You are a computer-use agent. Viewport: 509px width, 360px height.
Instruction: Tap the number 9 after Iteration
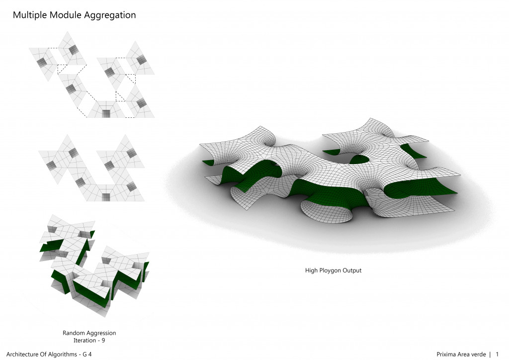pos(103,341)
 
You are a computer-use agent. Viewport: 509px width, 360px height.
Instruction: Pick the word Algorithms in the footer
pos(60,354)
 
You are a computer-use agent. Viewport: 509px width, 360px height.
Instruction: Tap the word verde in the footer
pos(478,354)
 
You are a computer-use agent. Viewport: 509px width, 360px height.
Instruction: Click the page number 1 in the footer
pos(497,354)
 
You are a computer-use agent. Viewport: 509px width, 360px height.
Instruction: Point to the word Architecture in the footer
pos(23,354)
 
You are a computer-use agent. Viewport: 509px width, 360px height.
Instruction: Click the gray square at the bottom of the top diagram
pos(106,113)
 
